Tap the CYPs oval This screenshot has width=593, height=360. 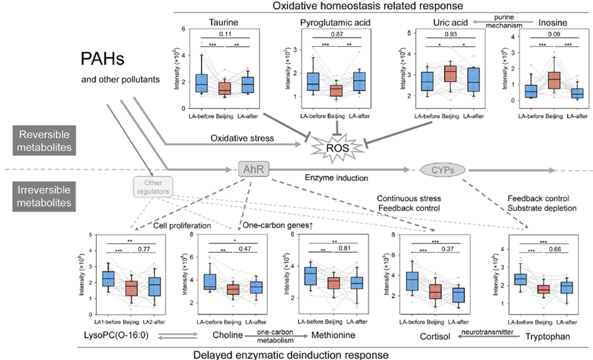click(441, 169)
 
